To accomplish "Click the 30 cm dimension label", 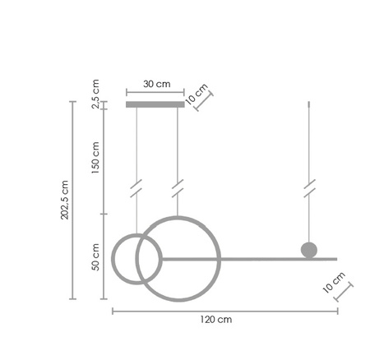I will coord(156,83).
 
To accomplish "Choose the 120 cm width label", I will coord(216,320).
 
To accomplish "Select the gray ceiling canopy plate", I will coord(156,104).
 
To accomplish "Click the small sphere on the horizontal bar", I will coord(309,249).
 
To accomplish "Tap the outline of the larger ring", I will coord(178,218).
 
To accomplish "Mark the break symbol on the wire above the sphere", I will coord(309,188).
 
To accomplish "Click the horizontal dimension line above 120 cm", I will coord(224,310).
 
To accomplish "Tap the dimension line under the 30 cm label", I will coord(156,92).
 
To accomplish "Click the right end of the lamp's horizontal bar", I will coord(335,259).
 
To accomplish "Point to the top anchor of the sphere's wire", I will coord(309,103).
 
